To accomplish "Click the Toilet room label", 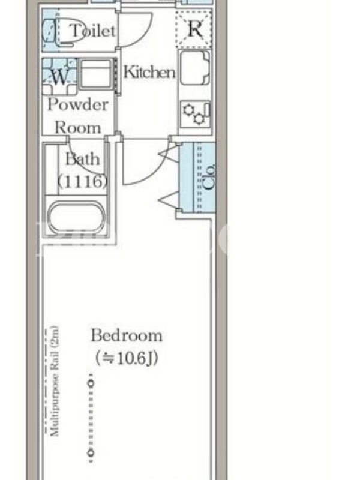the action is pyautogui.click(x=93, y=31).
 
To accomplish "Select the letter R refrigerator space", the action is pyautogui.click(x=194, y=29).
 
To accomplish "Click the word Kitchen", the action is pyautogui.click(x=149, y=72).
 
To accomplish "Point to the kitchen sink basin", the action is pyautogui.click(x=195, y=67).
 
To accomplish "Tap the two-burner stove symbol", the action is pyautogui.click(x=196, y=114).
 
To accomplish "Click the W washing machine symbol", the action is pyautogui.click(x=59, y=77).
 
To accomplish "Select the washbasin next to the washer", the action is pyautogui.click(x=97, y=74).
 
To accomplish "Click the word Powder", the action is pyautogui.click(x=78, y=104).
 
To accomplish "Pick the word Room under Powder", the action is pyautogui.click(x=78, y=127).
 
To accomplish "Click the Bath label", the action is pyautogui.click(x=83, y=159).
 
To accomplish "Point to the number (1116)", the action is pyautogui.click(x=83, y=182).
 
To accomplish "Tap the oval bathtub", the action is pyautogui.click(x=77, y=217).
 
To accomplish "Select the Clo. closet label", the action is pyautogui.click(x=209, y=177).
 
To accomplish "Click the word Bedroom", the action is pyautogui.click(x=127, y=335).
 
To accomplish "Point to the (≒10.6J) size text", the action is pyautogui.click(x=127, y=358).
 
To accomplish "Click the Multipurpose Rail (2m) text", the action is pyautogui.click(x=55, y=381).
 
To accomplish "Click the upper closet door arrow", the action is pyautogui.click(x=169, y=154).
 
